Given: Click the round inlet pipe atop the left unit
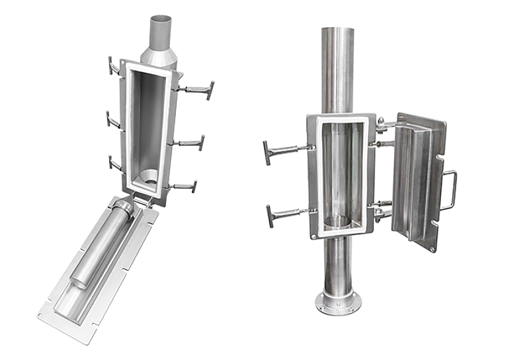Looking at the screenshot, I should (160, 30).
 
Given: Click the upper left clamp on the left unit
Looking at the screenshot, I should (112, 66).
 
